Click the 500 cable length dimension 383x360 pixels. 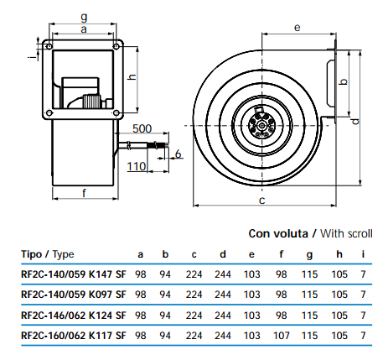point(142,128)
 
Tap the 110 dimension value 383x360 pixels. point(137,166)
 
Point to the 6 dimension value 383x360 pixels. point(178,154)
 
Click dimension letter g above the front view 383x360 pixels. point(84,18)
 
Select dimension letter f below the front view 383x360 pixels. point(84,192)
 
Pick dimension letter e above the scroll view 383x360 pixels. point(298,28)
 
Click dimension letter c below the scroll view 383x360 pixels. point(261,201)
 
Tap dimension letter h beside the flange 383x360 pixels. point(132,76)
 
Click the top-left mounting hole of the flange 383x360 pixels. point(49,46)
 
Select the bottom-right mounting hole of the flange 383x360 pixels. point(116,112)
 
